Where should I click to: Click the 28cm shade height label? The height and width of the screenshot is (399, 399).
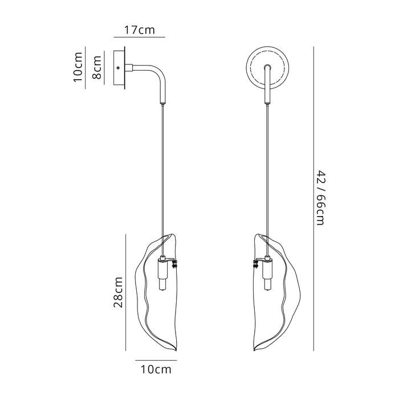118,292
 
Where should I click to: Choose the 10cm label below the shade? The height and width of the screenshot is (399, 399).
153,370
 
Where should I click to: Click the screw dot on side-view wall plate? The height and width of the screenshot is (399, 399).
118,68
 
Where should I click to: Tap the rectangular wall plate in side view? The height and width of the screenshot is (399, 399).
120,68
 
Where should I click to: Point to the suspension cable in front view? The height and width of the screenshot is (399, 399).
267,171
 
